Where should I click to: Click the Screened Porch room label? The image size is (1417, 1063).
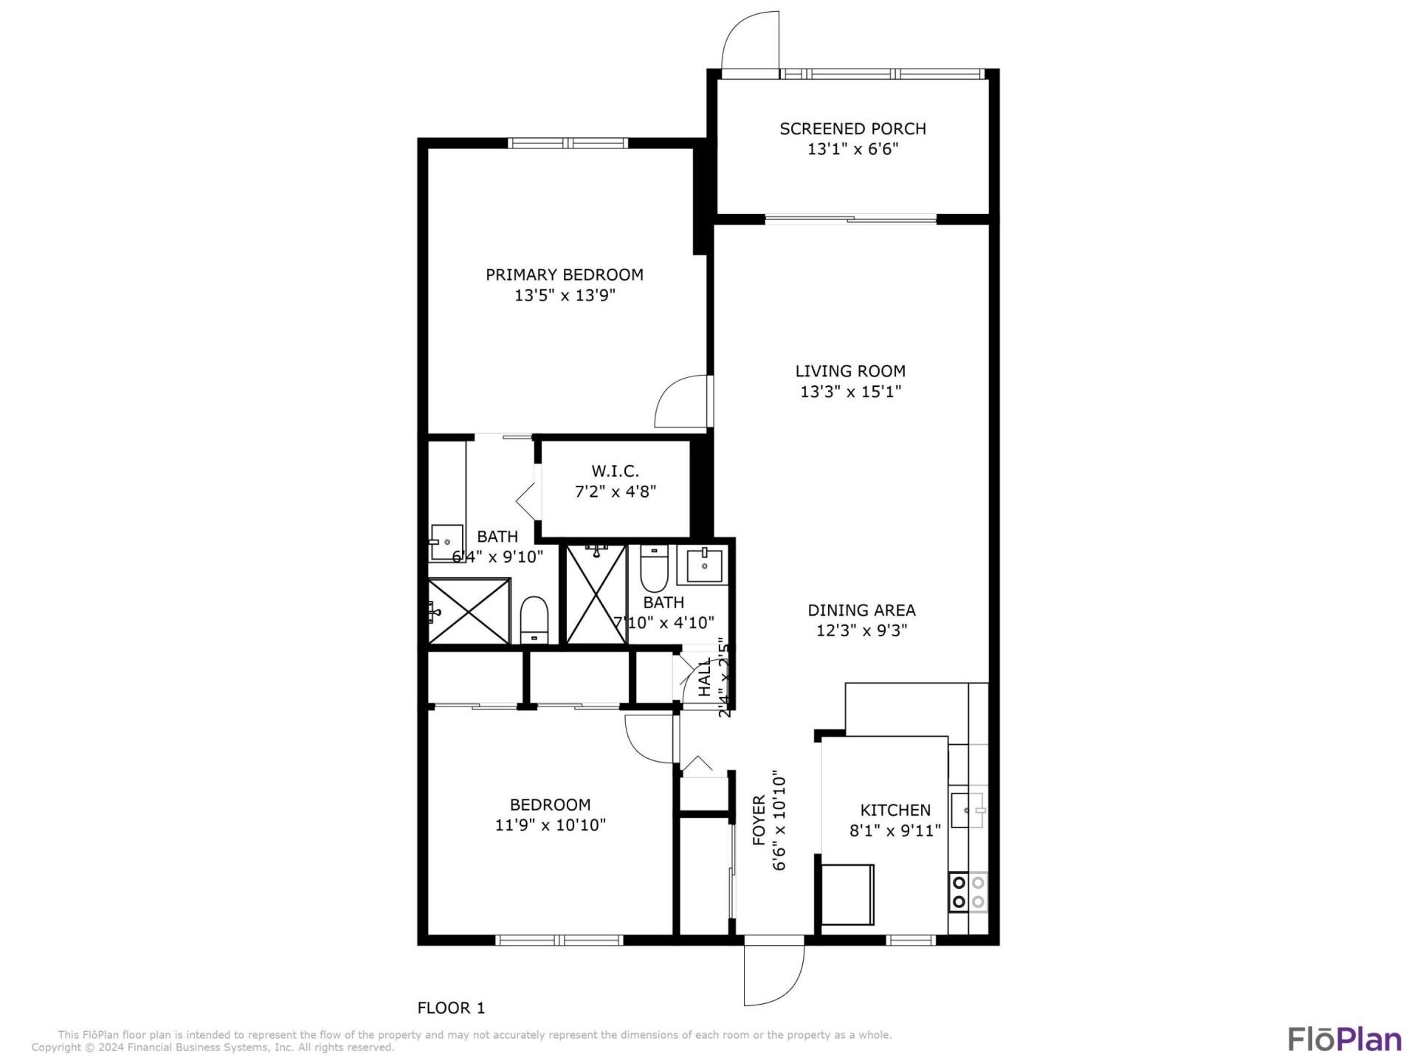(x=852, y=128)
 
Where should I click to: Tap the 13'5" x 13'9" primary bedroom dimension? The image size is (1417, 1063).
(x=565, y=295)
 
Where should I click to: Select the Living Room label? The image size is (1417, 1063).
(x=850, y=371)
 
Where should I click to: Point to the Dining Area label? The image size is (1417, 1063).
(x=861, y=610)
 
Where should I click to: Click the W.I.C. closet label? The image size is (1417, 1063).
(x=615, y=471)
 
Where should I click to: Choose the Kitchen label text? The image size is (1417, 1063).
(x=895, y=810)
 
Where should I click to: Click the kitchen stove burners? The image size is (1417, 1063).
(x=968, y=892)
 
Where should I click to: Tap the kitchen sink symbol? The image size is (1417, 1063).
(x=968, y=810)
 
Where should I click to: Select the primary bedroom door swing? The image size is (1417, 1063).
(x=682, y=402)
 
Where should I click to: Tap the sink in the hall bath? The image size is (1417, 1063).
(x=703, y=565)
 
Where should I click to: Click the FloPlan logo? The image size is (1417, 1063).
(x=1345, y=1039)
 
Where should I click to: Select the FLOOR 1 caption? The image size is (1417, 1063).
(x=451, y=1008)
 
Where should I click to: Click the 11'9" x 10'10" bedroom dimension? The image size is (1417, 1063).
(x=550, y=825)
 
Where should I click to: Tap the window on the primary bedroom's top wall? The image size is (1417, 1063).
(x=568, y=143)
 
